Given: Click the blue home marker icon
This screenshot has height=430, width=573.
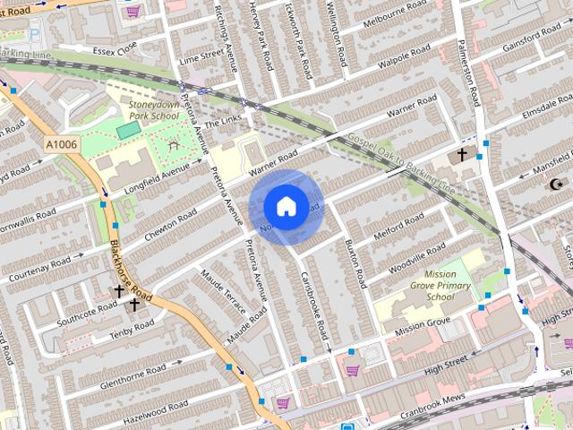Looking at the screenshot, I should coord(286,206).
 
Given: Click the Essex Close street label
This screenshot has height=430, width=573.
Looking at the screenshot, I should coord(115,47).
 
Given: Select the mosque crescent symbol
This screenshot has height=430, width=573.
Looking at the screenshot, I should coord(556,184).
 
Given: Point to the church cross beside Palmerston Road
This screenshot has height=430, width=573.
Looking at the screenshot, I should coord(462,155).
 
